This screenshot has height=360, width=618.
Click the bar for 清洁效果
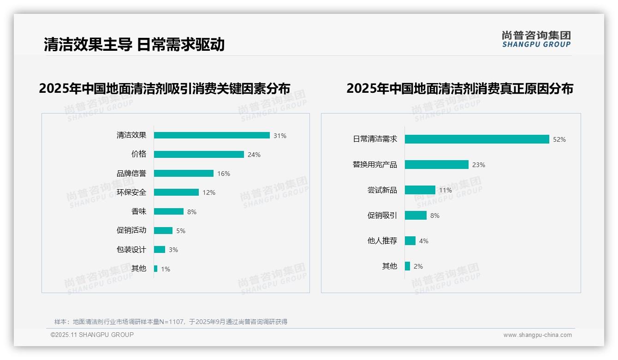pos(212,135)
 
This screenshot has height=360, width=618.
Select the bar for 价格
pos(199,155)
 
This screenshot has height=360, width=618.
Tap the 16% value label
pos(224,174)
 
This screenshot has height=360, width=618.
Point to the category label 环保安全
pos(131,192)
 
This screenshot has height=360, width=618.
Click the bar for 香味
pos(169,211)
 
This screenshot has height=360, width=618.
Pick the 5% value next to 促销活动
pos(181,231)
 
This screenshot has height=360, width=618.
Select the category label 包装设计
pos(131,250)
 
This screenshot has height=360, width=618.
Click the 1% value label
pos(166,269)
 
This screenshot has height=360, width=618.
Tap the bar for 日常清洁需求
pos(477,139)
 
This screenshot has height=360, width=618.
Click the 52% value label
pos(559,139)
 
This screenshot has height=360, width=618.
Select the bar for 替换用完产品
pos(437,165)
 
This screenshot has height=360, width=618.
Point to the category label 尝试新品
pos(382,190)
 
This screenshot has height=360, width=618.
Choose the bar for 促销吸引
pos(416,216)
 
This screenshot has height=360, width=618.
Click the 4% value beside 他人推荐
pos(424,241)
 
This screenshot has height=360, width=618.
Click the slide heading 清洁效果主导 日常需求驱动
pos(134,44)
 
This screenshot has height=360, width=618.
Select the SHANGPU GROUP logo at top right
pos(536,39)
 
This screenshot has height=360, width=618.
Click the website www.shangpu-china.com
pos(537,335)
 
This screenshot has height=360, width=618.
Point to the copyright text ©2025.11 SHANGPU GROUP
pos(92,335)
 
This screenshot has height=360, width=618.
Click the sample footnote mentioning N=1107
pos(171,322)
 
